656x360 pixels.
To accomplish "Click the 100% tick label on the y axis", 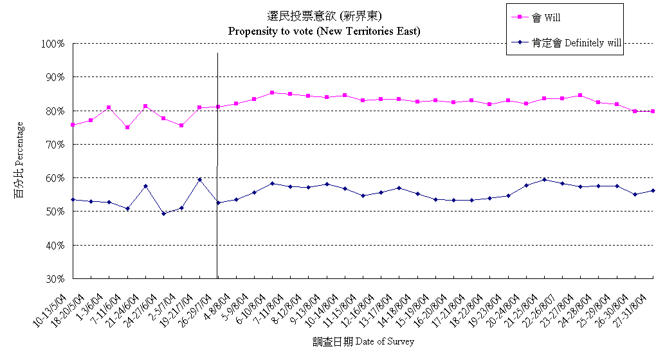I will click(52, 44).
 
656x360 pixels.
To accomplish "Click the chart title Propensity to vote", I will click(324, 31).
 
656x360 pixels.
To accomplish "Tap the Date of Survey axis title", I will click(363, 341).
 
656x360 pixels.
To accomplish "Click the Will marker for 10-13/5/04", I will click(73, 125).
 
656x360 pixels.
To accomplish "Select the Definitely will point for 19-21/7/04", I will click(200, 179).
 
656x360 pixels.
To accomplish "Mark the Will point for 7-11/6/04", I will click(127, 127).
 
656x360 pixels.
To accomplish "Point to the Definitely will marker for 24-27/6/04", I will click(163, 213).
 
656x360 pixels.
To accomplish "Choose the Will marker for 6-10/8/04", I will click(273, 93).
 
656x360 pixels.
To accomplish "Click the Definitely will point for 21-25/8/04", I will click(545, 179).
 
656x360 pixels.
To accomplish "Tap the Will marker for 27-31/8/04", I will click(653, 111).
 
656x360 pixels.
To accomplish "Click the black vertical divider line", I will click(218, 161).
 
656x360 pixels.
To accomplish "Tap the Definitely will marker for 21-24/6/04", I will click(145, 186).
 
